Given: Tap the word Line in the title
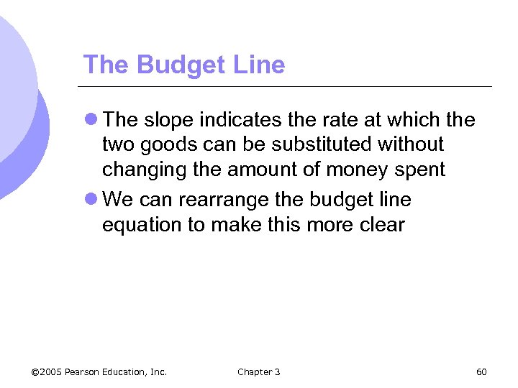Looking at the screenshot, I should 260,65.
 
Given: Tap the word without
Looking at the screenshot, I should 413,145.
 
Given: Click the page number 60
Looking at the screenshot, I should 482,371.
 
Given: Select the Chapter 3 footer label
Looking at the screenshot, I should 259,371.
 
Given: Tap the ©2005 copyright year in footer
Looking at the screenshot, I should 47,371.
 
